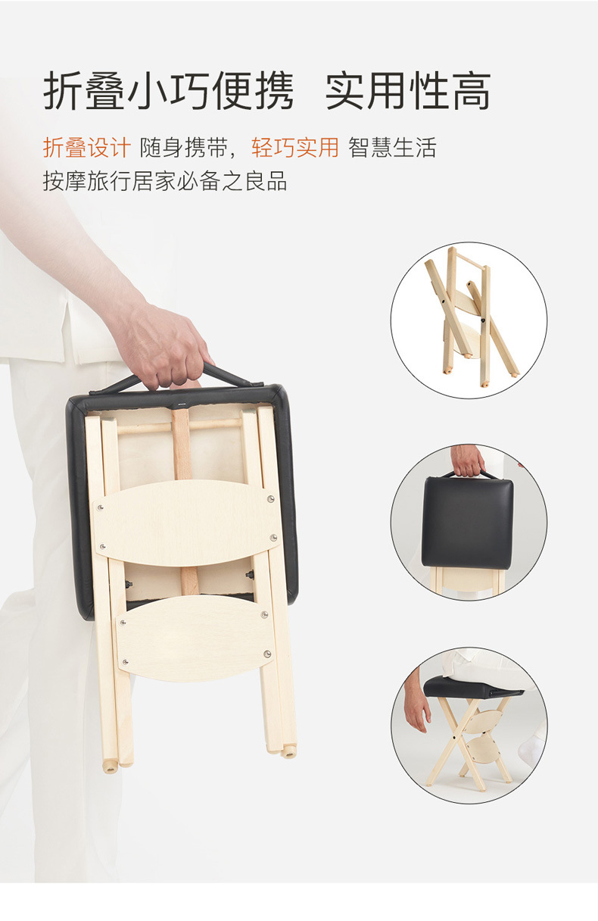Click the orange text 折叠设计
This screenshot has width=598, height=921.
point(87,147)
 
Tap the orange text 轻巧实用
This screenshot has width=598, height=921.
point(295,147)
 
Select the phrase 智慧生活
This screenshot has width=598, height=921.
point(393,147)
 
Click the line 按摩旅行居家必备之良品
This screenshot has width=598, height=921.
point(165,181)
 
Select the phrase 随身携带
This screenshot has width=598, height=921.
point(184,147)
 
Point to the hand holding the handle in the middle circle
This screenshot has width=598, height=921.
point(468,460)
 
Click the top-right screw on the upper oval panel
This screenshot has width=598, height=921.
point(270,498)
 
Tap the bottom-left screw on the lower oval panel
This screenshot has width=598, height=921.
point(125,662)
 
